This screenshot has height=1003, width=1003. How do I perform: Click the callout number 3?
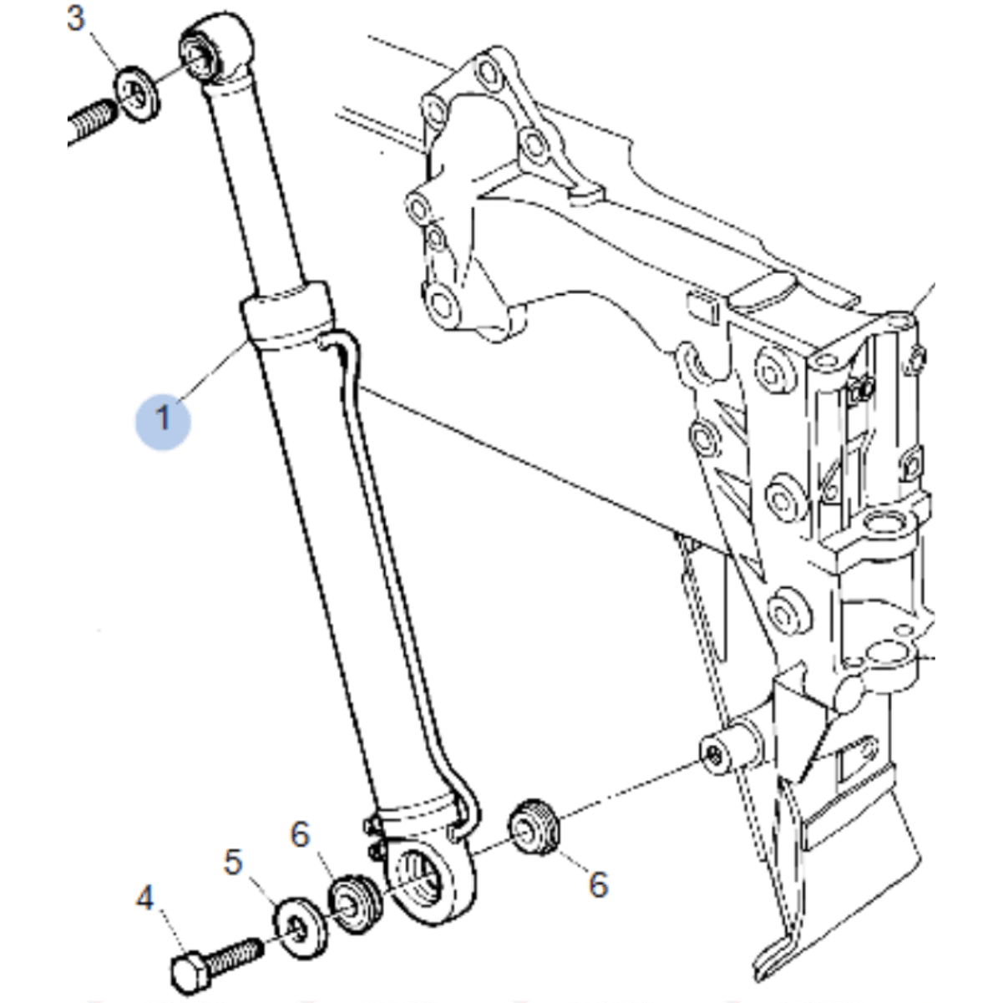click(x=76, y=18)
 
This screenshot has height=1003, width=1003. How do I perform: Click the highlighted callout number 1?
click(x=164, y=418)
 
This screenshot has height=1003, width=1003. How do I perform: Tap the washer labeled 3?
click(x=136, y=94)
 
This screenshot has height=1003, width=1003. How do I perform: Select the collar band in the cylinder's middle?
click(x=287, y=316)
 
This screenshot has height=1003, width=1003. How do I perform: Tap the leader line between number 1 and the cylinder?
click(x=212, y=372)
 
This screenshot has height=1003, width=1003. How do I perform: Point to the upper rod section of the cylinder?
click(x=255, y=187)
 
